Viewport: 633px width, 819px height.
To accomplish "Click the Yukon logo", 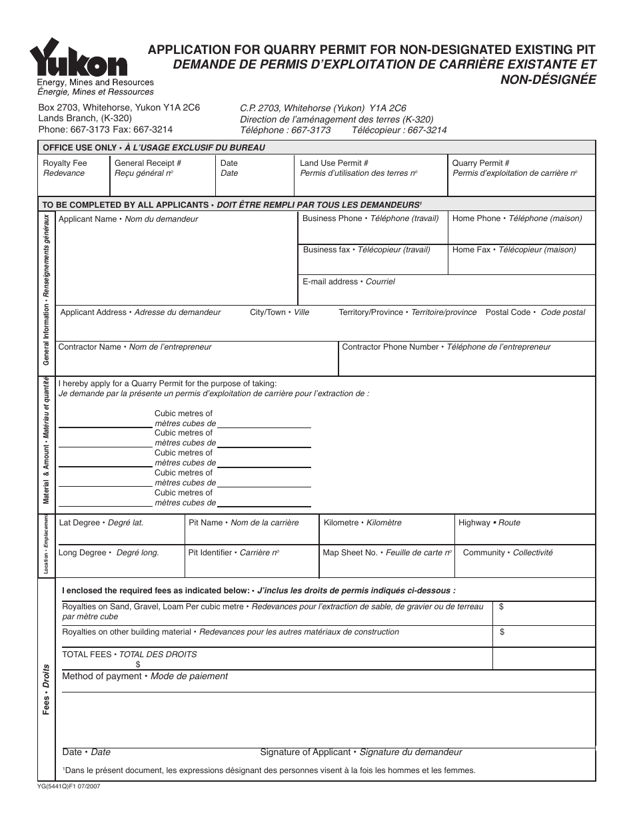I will pos(79,59).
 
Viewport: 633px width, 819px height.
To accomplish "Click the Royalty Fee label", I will pos(65,163).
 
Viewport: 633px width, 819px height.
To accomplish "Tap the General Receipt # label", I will pos(148,163).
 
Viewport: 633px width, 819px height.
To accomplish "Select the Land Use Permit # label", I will pos(334,163).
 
